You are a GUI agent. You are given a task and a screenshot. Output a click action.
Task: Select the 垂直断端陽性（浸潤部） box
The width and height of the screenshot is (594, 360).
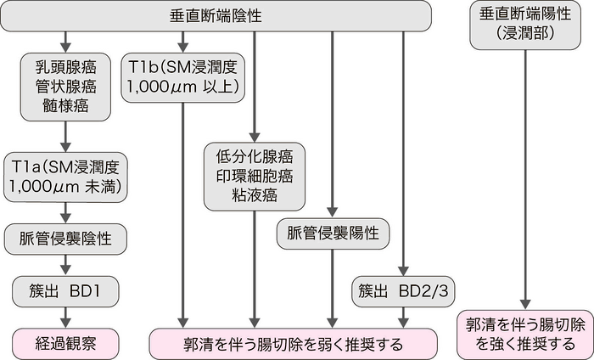[524, 25]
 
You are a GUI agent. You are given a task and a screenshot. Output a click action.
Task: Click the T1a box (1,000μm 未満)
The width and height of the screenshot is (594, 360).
[65, 177]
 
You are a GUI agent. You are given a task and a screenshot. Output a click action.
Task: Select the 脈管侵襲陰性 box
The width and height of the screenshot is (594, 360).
[65, 239]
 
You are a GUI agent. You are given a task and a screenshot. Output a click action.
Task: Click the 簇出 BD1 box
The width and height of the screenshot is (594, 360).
[65, 293]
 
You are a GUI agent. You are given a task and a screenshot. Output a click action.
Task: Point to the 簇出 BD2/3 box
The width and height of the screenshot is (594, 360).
[402, 293]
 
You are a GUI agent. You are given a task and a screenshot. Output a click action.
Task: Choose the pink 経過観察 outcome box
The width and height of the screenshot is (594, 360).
[65, 344]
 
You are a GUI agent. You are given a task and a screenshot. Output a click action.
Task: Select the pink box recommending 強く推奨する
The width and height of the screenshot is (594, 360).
[524, 334]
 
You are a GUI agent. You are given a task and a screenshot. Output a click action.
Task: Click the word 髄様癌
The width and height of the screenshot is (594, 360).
[65, 107]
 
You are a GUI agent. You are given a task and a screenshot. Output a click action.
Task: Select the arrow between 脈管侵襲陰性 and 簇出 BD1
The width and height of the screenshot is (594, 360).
[65, 265]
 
